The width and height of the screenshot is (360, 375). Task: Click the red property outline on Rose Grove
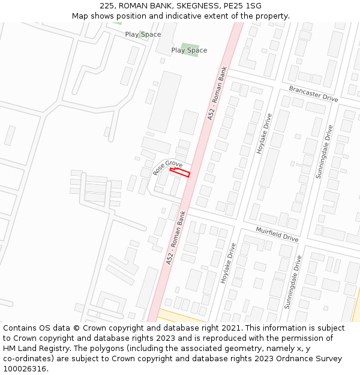click(x=180, y=173)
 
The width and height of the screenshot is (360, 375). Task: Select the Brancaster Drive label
click(x=313, y=94)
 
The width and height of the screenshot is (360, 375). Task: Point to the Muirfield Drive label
click(x=277, y=234)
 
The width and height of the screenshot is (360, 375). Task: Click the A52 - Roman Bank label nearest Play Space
click(x=217, y=93)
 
